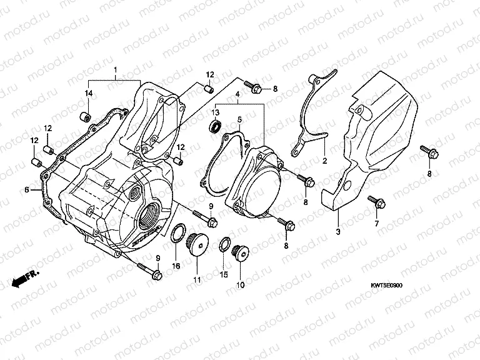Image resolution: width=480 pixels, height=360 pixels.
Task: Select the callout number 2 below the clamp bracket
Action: click(x=324, y=161)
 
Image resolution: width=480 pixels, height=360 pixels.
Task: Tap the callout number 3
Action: click(x=337, y=232)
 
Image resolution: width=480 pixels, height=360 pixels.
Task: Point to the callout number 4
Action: click(x=238, y=96)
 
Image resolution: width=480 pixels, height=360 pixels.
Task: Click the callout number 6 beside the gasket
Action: click(x=26, y=189)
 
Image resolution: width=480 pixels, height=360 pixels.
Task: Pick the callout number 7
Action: click(x=376, y=223)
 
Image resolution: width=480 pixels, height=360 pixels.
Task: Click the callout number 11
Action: click(x=196, y=279)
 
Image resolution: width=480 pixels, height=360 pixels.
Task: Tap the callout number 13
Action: click(x=215, y=112)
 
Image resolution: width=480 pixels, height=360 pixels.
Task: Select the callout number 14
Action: click(x=88, y=93)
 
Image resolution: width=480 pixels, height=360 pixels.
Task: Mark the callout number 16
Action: click(x=176, y=266)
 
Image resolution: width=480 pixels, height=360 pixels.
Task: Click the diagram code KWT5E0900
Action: click(x=387, y=286)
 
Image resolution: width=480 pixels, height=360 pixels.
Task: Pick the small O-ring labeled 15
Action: click(x=223, y=246)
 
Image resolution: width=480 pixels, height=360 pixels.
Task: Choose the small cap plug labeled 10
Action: click(x=239, y=253)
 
